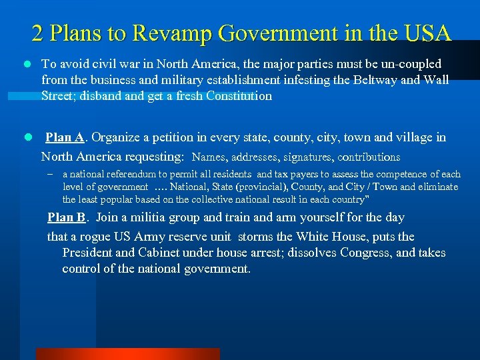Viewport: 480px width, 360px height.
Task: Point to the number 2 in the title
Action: tap(38, 33)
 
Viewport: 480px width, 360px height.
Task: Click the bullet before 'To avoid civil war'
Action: tap(26, 65)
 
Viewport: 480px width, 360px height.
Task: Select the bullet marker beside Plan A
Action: tap(26, 138)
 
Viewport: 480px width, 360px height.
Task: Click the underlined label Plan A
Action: tap(65, 137)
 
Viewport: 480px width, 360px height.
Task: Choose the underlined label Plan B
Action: tap(67, 217)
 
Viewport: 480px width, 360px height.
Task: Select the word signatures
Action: tap(306, 157)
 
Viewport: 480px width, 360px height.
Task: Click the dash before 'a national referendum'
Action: tap(50, 174)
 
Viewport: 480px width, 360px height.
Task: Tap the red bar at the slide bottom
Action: tap(127, 354)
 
